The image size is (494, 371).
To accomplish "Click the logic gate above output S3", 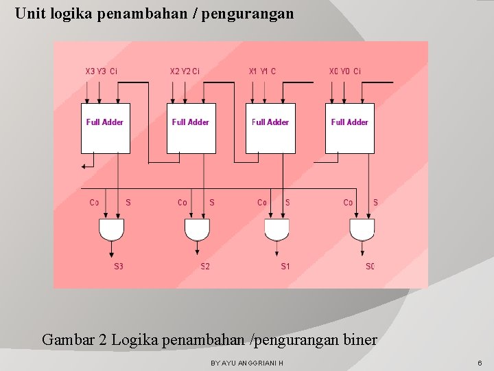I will (111, 229).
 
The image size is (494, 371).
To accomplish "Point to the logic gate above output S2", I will (197, 229).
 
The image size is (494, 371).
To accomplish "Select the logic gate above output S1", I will (277, 229).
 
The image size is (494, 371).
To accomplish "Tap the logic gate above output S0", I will (362, 229).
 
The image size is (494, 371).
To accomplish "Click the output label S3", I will (119, 267).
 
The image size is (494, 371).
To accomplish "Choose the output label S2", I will (205, 267).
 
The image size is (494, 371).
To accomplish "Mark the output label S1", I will (285, 267).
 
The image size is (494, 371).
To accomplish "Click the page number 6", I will (480, 362).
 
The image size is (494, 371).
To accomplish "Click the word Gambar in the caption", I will (67, 339).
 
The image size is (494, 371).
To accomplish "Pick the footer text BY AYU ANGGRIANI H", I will (247, 362).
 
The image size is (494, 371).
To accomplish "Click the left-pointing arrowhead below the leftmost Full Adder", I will (84, 165).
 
